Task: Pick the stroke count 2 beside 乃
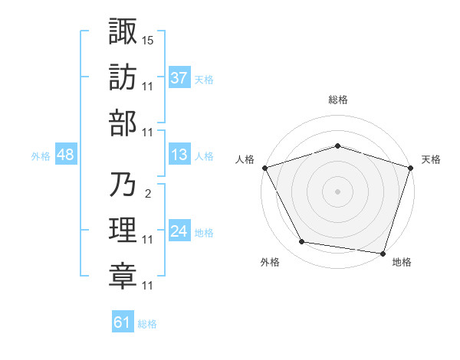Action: [x=147, y=194]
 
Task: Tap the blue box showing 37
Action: [x=179, y=78]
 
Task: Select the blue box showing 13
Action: [x=179, y=155]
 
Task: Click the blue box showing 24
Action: [x=179, y=231]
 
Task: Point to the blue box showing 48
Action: [x=65, y=155]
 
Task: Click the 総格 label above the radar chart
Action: [x=337, y=100]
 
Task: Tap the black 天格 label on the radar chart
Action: [x=431, y=159]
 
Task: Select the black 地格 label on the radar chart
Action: [x=401, y=262]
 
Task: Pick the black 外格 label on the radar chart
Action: [x=270, y=262]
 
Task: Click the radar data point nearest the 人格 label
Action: [x=264, y=167]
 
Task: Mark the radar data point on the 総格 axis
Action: [x=337, y=146]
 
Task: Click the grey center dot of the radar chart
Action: [x=337, y=191]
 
